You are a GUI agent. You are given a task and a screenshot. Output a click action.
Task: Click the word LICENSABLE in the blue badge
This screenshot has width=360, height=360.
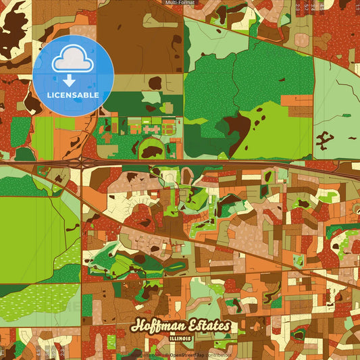point(73,95)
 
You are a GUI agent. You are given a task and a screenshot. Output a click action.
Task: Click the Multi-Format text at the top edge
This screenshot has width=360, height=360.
point(180,3)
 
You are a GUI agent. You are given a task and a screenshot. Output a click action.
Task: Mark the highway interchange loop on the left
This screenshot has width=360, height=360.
point(82,162)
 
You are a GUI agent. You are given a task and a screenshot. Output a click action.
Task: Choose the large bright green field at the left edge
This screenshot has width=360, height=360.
point(30,236)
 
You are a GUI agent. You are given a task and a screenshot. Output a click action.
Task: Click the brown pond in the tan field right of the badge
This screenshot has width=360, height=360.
point(155,82)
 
